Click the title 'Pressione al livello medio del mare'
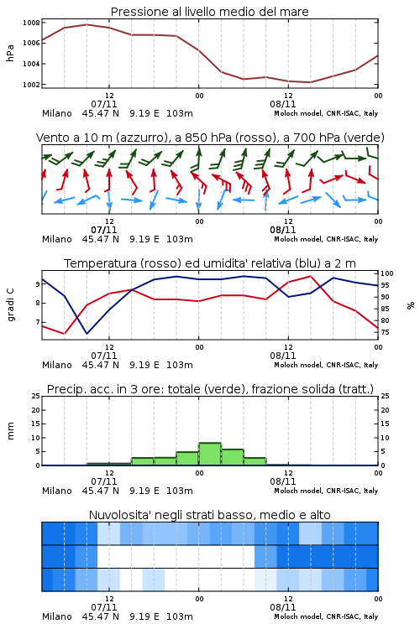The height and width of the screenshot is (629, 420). pos(209,12)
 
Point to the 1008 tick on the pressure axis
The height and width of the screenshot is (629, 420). pos(31,23)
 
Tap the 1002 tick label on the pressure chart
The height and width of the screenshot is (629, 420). pos(31,85)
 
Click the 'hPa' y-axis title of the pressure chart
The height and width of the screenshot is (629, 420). pos(10,53)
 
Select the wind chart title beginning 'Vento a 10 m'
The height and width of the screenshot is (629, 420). pos(210,138)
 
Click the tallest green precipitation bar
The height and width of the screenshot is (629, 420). pos(210,454)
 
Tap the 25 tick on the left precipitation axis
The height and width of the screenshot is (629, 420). pos(36,396)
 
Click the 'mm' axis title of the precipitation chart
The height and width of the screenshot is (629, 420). pos(10,430)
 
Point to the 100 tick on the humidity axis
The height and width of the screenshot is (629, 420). pos(387,273)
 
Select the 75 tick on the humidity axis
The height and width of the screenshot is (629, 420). pos(385,332)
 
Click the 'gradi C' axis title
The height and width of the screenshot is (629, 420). pos(10,304)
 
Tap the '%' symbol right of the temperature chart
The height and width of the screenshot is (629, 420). pos(411,305)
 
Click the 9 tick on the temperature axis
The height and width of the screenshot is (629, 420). pos(38,284)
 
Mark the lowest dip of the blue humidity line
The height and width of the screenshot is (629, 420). pos(87,333)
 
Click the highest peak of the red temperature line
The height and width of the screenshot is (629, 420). pos(310,276)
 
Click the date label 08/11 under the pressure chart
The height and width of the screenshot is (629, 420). pos(282,104)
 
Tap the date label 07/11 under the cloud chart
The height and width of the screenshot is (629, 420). pos(103,607)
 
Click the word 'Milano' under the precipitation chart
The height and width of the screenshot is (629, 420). pos(56,491)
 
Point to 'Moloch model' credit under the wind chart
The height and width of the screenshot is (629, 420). pos(298,239)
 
